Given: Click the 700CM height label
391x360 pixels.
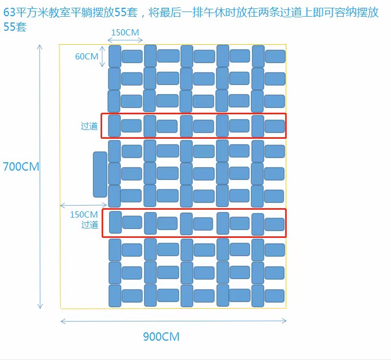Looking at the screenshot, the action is [21, 166].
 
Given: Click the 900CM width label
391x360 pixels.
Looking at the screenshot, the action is [161, 337].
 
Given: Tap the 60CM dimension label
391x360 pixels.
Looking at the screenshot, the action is [87, 56].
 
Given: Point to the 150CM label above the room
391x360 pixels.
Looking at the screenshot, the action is [125, 32].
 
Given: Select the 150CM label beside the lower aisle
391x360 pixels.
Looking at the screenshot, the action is [84, 214].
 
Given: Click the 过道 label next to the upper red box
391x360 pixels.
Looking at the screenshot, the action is [89, 126].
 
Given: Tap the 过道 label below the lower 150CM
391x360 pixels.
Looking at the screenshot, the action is [90, 224].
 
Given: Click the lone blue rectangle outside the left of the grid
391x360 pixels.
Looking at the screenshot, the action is [100, 174].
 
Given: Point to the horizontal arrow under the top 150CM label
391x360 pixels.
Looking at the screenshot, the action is [125, 40].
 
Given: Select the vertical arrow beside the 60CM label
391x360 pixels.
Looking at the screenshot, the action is [102, 57].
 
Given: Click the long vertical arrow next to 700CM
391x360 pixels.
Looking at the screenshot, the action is [40, 177].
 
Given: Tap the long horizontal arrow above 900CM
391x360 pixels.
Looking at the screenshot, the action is [174, 321].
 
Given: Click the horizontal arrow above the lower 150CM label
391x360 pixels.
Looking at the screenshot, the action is [83, 206].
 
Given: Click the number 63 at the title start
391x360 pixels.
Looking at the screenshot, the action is [9, 12].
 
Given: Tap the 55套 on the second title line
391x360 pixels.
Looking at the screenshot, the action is [15, 27].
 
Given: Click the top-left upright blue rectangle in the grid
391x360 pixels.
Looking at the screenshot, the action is [115, 56].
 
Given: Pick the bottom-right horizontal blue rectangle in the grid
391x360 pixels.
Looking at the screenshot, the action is [275, 296].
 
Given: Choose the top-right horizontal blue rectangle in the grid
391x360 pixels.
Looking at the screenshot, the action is [275, 56].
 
